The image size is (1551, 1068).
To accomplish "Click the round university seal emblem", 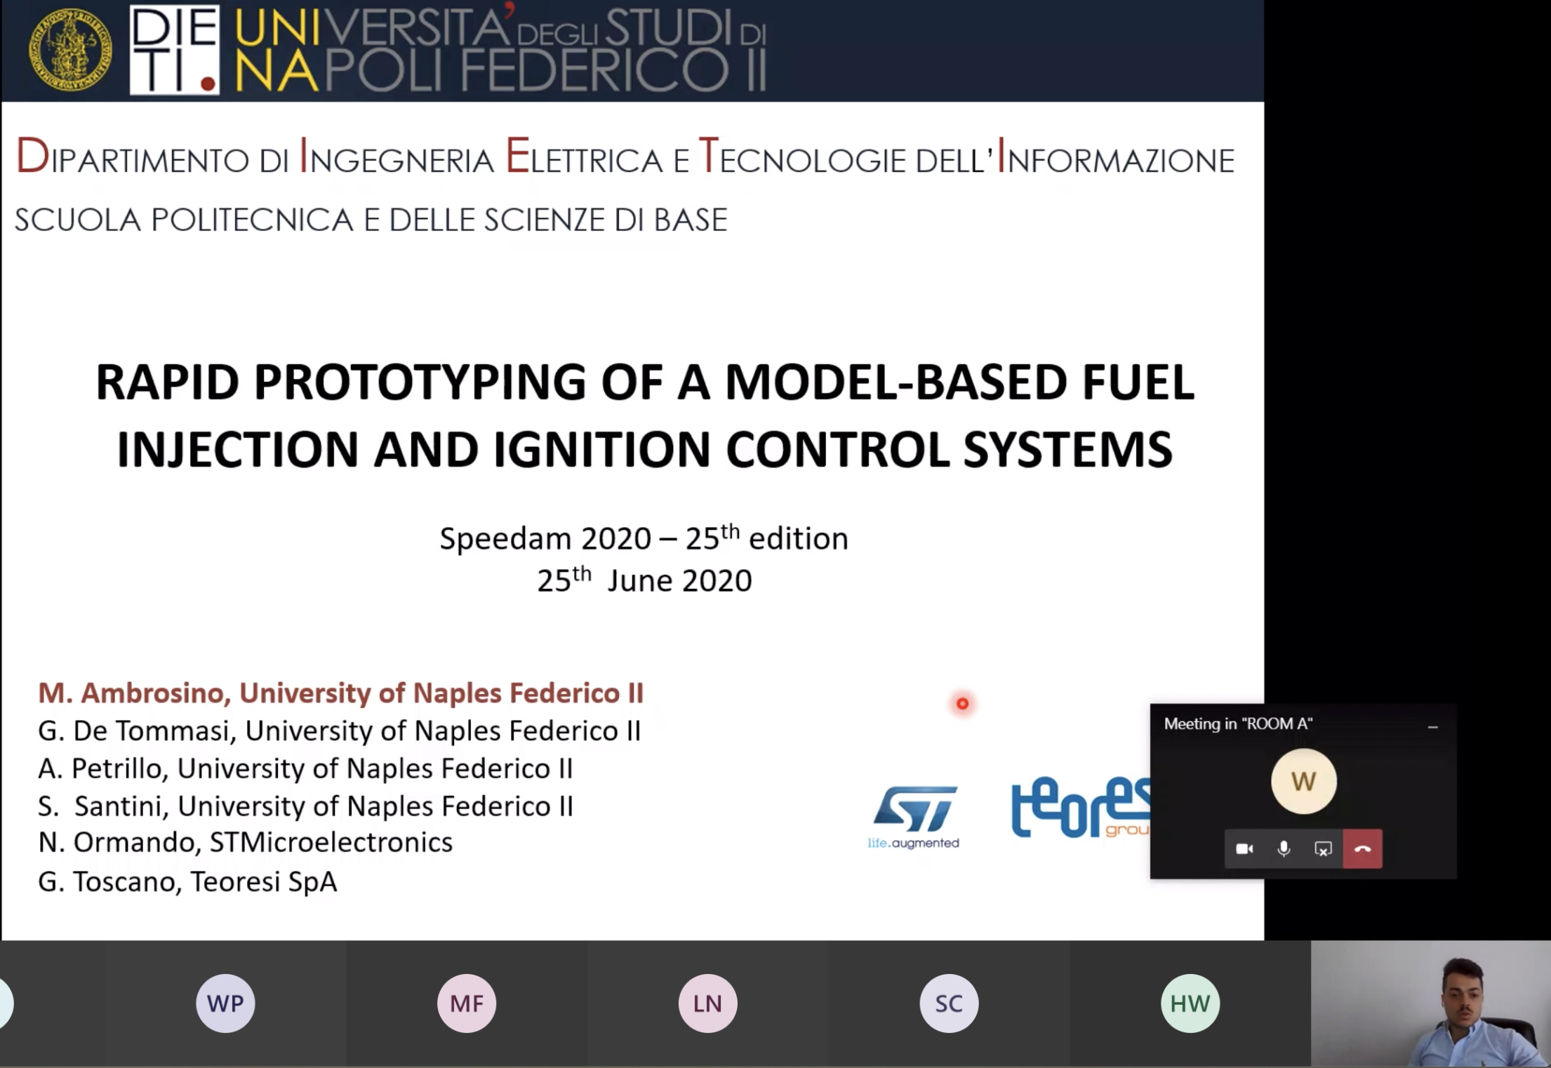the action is (x=70, y=49).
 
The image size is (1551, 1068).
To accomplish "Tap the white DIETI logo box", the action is (x=175, y=49).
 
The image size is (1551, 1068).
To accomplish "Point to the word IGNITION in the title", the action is (x=601, y=450).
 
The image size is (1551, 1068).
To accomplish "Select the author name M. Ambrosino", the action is (x=134, y=693).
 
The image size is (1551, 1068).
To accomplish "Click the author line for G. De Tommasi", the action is (x=340, y=731).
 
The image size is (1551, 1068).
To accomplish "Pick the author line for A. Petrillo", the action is (x=305, y=768).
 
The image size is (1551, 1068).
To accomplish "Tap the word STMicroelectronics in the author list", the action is (x=331, y=842).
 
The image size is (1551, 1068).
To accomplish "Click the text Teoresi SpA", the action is (x=264, y=881).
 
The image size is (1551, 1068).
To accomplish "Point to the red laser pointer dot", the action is (x=962, y=703).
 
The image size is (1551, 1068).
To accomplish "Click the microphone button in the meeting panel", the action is (x=1284, y=849).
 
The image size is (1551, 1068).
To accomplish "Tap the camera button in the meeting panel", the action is (x=1244, y=849).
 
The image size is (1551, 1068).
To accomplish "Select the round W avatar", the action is (x=1303, y=781).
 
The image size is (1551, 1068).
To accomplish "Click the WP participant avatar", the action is (x=225, y=1003).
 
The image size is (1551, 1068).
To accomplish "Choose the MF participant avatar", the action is (x=467, y=1003).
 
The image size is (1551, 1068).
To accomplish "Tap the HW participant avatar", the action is (x=1190, y=1003).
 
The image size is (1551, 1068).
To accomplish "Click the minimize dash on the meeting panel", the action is (x=1433, y=727).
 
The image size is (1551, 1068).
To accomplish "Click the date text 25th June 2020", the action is (x=644, y=580).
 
